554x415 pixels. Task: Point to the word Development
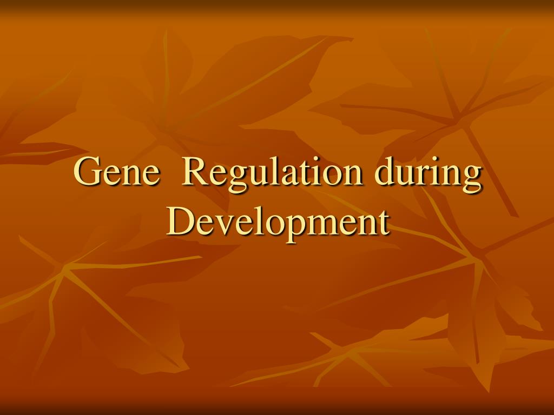(x=278, y=223)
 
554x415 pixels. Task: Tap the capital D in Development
(x=180, y=222)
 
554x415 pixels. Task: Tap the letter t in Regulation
(x=300, y=174)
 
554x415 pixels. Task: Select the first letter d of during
(x=385, y=171)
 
